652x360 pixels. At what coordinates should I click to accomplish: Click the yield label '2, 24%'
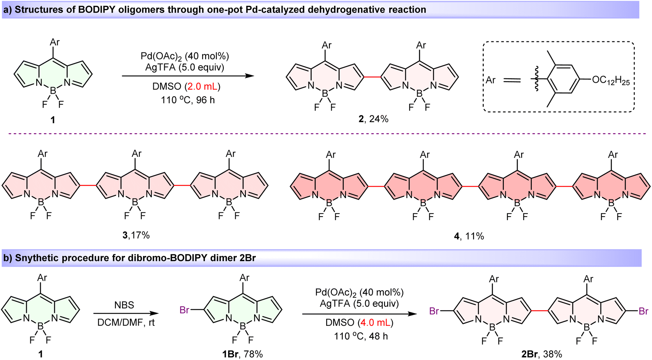(x=373, y=119)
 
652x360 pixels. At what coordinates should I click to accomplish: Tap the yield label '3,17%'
(x=136, y=235)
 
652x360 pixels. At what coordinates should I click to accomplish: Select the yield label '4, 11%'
(x=468, y=236)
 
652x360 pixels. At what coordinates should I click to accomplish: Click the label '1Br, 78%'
(x=242, y=354)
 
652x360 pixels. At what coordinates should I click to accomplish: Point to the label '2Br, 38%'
(x=541, y=354)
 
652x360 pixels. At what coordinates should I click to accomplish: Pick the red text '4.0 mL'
(x=375, y=323)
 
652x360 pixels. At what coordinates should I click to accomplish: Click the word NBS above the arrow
(x=124, y=305)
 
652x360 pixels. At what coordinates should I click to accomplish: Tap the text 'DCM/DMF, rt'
(x=126, y=323)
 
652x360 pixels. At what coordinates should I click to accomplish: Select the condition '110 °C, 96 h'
(x=188, y=100)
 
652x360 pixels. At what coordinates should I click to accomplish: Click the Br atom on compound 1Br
(x=184, y=310)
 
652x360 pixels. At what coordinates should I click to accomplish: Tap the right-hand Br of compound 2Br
(x=643, y=312)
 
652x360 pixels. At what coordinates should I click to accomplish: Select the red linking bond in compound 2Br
(x=540, y=311)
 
